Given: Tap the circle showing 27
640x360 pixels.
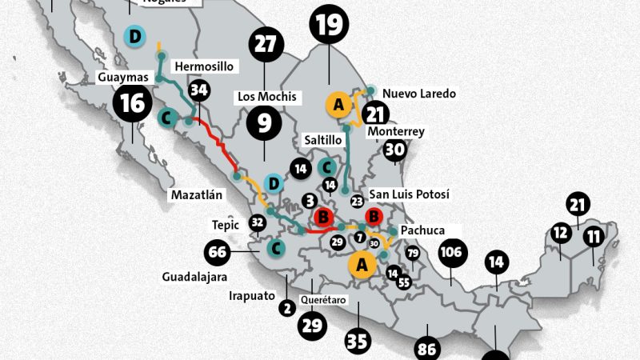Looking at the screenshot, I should point(265,46).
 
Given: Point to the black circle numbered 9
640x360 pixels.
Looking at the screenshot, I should point(264,122).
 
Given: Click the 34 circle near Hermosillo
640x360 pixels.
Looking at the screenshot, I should point(199,90).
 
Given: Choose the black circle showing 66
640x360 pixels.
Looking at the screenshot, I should point(218,253).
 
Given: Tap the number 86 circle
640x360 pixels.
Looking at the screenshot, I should point(427,349).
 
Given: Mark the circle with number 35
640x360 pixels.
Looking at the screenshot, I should point(358,340).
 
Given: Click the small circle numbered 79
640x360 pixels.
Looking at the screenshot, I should point(413,254).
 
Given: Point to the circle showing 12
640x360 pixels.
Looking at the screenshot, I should point(561,234).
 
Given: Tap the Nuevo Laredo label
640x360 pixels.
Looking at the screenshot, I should point(419,94).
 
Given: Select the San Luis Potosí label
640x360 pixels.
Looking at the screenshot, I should point(410,194).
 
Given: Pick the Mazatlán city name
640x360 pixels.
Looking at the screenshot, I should point(196,194).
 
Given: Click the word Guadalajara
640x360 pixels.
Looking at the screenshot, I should point(194,277).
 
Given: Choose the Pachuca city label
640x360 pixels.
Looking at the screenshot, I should point(423,230).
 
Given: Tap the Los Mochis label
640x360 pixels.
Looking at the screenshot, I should point(266,97).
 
